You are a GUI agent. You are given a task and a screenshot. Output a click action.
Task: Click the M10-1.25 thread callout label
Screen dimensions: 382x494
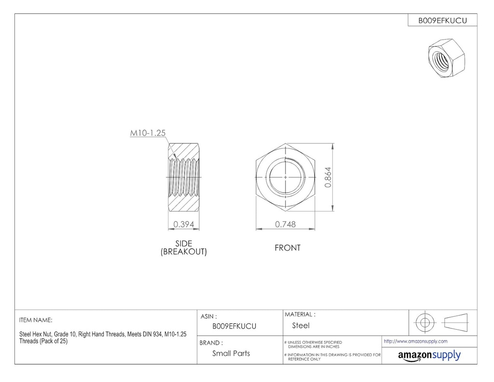[148, 133]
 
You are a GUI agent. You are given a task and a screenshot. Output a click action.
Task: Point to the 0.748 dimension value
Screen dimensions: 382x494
[285, 224]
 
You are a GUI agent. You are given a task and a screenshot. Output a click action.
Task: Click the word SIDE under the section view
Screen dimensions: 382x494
[183, 243]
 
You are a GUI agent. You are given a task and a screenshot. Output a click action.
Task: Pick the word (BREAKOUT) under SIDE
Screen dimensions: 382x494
[183, 252]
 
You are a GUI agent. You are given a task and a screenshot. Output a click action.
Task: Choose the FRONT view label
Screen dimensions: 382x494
[288, 248]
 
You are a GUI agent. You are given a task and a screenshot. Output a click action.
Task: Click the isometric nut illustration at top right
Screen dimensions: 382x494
[447, 58]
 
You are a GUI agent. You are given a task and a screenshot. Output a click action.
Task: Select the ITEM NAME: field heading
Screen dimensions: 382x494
[36, 320]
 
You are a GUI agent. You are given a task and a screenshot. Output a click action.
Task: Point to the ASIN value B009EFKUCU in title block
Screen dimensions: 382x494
[234, 326]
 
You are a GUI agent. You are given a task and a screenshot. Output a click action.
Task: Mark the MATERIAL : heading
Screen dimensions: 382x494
[300, 314]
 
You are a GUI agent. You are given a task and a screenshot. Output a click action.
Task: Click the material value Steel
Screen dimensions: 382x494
[301, 325]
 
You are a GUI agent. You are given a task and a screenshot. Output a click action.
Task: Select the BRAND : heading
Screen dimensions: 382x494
[211, 343]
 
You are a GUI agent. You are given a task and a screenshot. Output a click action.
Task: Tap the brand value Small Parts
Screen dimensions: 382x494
[231, 353]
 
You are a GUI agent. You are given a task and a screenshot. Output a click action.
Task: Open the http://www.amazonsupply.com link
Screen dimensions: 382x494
[415, 341]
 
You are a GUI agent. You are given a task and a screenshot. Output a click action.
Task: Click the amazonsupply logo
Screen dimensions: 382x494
[429, 355]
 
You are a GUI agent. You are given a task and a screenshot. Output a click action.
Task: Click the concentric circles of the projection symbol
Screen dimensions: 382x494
[425, 322]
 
